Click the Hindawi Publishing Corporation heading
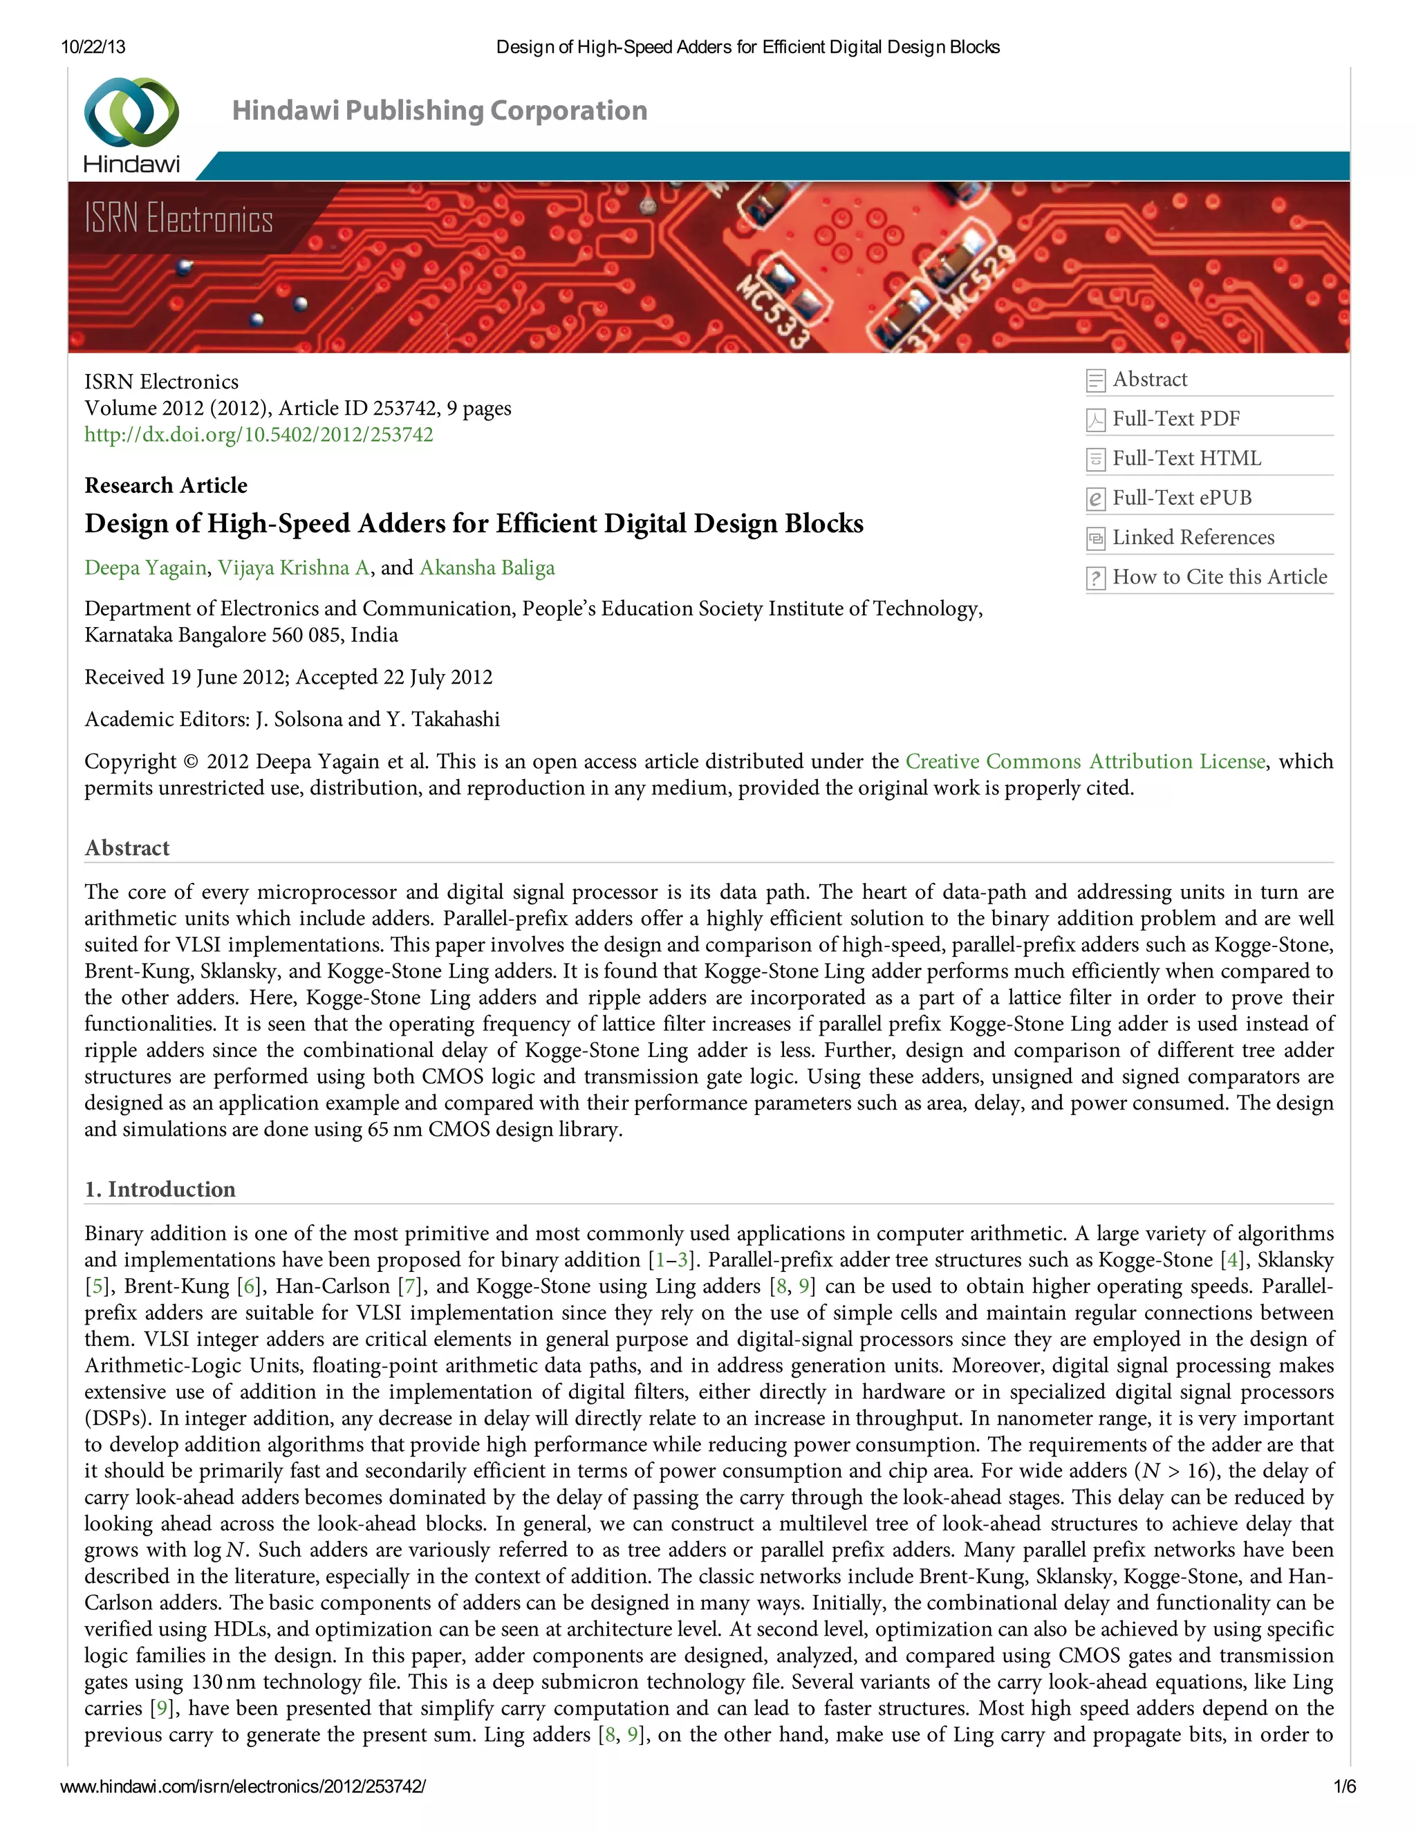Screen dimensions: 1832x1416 point(440,111)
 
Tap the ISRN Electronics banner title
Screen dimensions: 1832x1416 point(178,219)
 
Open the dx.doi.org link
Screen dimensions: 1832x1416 point(259,435)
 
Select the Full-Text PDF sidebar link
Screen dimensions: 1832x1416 point(1175,418)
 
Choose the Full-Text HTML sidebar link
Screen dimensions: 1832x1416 point(1186,458)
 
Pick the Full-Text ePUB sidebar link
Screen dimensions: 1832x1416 point(1181,498)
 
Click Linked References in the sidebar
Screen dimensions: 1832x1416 point(1193,537)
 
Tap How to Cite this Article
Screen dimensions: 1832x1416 point(1219,577)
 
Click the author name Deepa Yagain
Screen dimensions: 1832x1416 point(145,568)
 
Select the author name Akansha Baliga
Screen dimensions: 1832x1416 point(487,568)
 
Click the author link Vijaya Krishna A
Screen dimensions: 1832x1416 point(294,568)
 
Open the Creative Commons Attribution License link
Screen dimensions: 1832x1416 point(1085,762)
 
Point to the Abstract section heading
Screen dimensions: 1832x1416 point(127,848)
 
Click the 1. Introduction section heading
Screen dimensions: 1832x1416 point(160,1190)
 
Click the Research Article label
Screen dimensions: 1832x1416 point(166,486)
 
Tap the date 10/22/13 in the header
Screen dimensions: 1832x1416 point(93,47)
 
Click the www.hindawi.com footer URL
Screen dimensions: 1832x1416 point(243,1786)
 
